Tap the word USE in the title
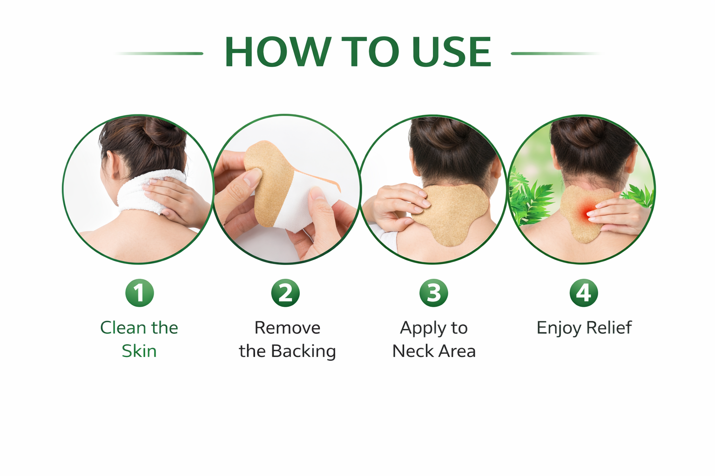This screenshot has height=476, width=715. pos(452,52)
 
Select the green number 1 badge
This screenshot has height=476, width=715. pos(140,293)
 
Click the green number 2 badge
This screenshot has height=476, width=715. pos(285,293)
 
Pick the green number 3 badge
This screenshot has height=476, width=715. pos(433,293)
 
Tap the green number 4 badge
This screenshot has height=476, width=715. pos(583,293)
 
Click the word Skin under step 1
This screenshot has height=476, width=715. pos(139,351)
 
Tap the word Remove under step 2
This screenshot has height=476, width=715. pos(287,328)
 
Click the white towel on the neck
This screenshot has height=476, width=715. pos(150,192)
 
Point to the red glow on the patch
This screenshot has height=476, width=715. pos(586,212)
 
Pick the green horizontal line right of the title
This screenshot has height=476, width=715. pos(556,53)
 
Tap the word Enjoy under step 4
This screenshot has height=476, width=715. pos(559,328)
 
